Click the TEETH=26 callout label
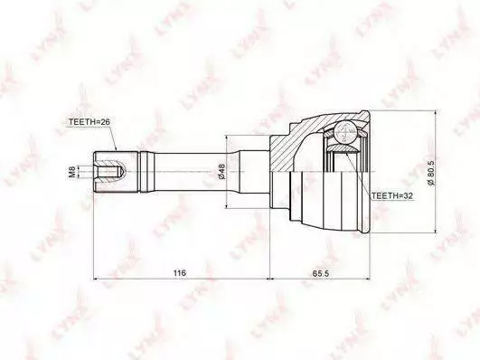(89, 121)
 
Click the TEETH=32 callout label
(392, 195)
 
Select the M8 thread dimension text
(72, 172)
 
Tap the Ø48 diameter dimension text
(221, 172)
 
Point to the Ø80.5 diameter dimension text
(430, 172)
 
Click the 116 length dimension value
(180, 272)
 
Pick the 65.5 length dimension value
(321, 272)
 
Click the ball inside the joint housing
(344, 133)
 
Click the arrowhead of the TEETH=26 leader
(116, 148)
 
